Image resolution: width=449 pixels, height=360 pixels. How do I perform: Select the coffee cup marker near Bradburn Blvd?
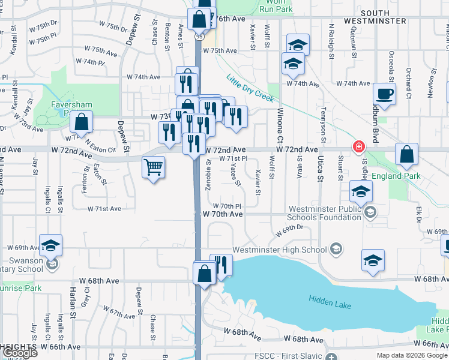pos(384,94)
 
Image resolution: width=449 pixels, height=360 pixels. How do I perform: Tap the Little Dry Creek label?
pos(250,88)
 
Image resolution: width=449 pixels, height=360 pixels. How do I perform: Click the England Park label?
pos(396,176)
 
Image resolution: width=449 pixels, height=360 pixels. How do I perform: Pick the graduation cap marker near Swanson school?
pos(51,245)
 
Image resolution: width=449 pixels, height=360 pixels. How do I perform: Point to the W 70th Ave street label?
pos(222,214)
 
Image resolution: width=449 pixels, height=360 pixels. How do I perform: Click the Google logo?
pos(20,353)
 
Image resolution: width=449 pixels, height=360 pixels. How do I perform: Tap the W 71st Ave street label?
pos(105,209)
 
